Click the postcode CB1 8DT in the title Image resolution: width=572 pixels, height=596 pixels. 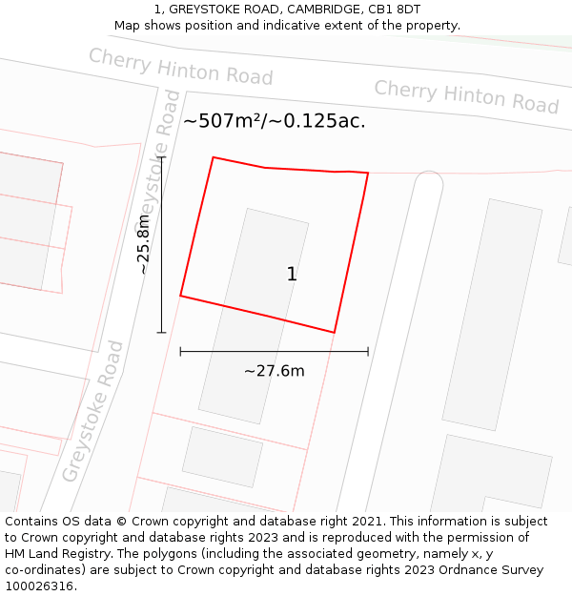394,10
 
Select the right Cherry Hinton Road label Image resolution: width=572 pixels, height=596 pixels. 466,96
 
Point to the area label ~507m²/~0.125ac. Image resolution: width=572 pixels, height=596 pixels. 275,121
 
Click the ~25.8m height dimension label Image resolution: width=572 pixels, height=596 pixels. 144,244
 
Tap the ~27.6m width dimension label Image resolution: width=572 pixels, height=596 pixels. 275,371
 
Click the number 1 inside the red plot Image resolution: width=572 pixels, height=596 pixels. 292,275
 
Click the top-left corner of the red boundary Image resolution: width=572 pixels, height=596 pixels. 213,157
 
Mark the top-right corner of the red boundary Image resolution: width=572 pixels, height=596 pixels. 368,174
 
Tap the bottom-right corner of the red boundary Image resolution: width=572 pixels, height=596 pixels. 335,333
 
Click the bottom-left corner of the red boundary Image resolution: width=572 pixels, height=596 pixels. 180,296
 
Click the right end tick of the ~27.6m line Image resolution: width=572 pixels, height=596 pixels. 368,352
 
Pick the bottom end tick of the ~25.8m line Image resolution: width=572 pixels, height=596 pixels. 162,333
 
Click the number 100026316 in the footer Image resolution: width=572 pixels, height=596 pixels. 37,586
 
